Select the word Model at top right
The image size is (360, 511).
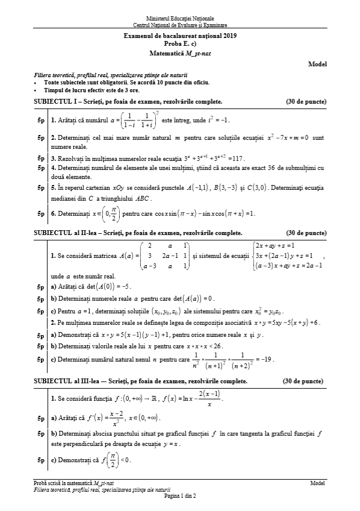tap(317, 63)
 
